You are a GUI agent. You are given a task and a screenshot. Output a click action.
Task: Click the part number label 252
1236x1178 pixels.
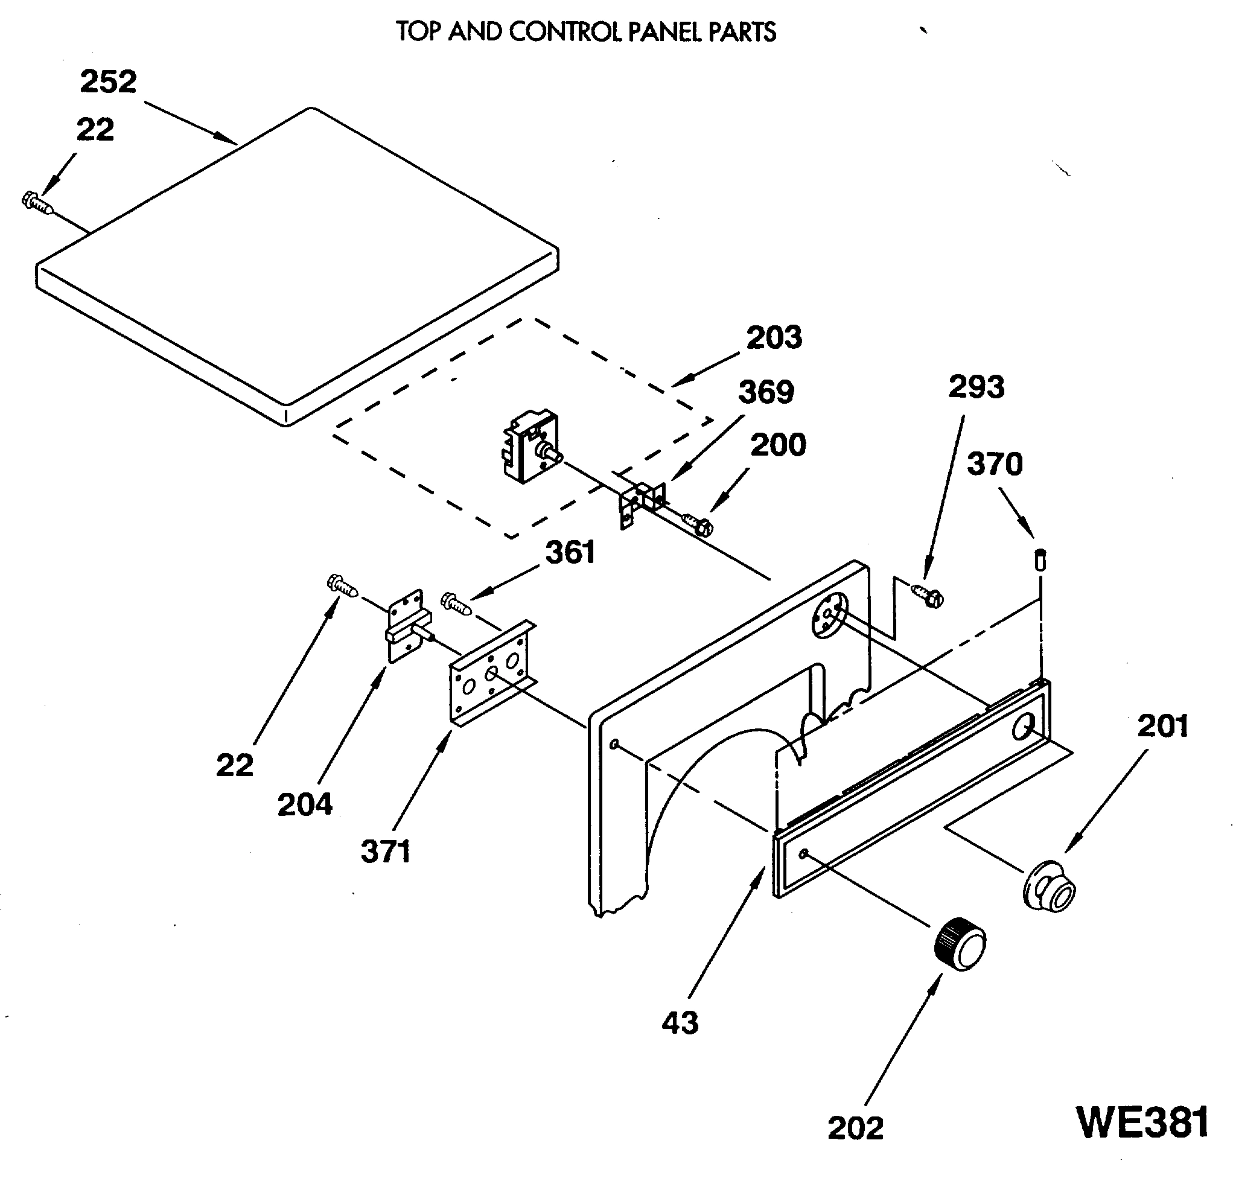point(108,82)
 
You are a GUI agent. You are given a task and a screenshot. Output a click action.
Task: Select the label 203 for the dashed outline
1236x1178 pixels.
point(774,338)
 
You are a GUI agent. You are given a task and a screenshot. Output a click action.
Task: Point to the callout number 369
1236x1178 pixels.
point(766,392)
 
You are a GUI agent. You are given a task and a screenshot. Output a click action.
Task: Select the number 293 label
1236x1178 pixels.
point(976,387)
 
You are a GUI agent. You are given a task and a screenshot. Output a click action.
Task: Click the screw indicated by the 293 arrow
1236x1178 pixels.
point(928,594)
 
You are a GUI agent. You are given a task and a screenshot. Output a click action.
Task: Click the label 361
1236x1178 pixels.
point(570,553)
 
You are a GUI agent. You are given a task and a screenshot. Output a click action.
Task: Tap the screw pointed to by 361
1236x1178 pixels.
point(455,603)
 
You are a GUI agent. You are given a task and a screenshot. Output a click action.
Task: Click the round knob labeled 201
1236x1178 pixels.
point(1050,888)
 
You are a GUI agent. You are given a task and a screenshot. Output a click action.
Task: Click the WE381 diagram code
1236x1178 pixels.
point(1142,1122)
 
